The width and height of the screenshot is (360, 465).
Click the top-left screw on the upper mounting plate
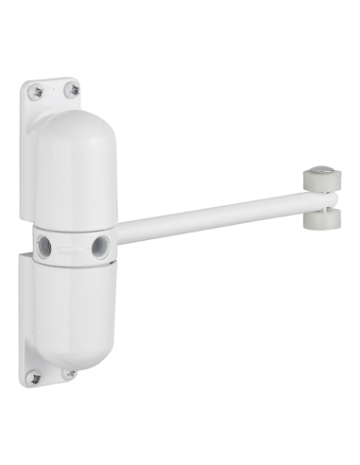pos(36,92)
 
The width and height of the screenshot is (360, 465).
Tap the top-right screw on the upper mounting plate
pos(71,90)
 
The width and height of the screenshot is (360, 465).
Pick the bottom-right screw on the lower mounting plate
pos(69,374)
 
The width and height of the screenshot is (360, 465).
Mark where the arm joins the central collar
pos(121,231)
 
